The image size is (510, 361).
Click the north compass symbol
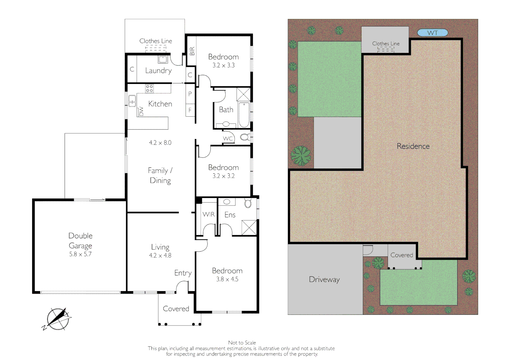[x=58, y=319]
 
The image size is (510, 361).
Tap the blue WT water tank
[x=432, y=33]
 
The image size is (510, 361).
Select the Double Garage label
[x=80, y=241]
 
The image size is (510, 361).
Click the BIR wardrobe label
[x=192, y=51]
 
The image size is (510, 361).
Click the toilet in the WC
[x=245, y=137]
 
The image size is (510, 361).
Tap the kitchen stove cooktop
[x=150, y=89]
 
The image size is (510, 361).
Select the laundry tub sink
[x=163, y=59]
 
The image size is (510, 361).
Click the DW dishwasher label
[x=141, y=111]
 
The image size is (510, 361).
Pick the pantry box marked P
[x=190, y=94]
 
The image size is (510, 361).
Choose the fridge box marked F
[x=190, y=110]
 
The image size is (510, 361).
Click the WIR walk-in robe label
[x=209, y=214]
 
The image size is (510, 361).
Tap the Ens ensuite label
[x=230, y=215]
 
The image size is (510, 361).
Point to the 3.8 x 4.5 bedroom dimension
[x=227, y=279]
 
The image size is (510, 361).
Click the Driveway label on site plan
[x=324, y=279]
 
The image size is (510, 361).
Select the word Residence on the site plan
[x=413, y=146]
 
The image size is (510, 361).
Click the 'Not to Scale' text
[x=242, y=343]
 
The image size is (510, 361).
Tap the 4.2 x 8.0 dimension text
[x=160, y=143]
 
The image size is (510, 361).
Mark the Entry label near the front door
[x=183, y=273]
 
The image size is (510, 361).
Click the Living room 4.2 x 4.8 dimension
[x=160, y=255]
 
